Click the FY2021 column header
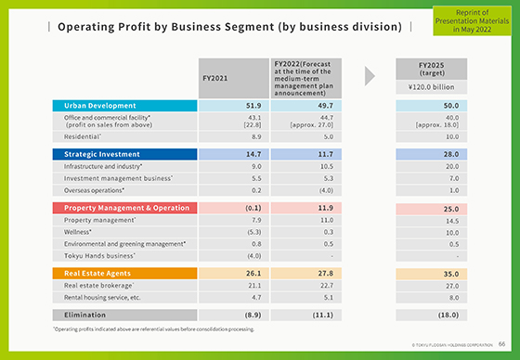(x=227, y=79)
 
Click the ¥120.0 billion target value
(x=428, y=88)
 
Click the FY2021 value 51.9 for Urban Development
(x=227, y=106)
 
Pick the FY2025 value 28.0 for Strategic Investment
(x=428, y=154)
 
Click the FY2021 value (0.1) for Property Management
(x=227, y=208)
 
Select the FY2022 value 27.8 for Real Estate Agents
(x=299, y=274)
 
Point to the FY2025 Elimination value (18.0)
(x=428, y=315)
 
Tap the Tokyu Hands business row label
(x=99, y=255)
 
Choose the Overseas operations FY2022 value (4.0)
(x=299, y=188)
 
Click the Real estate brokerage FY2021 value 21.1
(x=227, y=286)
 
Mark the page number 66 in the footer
(x=501, y=343)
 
